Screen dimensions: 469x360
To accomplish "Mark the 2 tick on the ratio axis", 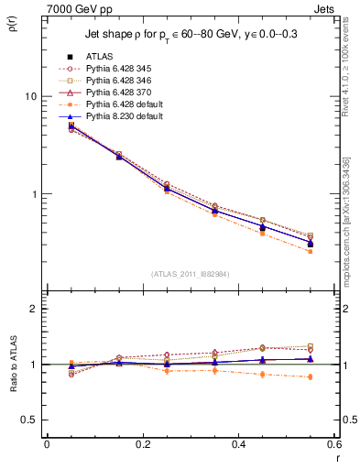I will click(x=33, y=309).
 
